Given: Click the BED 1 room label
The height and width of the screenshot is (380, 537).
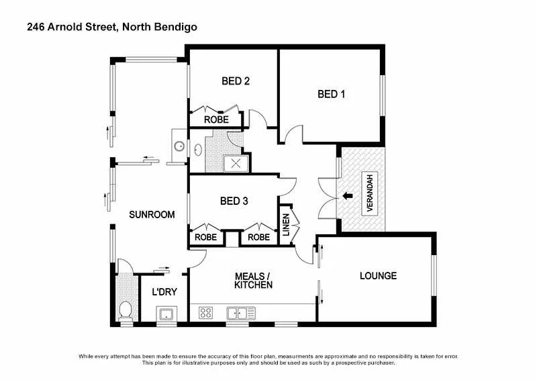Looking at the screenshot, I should [x=331, y=95].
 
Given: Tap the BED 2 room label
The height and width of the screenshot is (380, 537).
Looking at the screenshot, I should [x=236, y=81].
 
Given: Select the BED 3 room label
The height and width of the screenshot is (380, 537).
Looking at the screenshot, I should [x=234, y=201].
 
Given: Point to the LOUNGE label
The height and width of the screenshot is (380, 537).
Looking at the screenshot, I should [x=378, y=276].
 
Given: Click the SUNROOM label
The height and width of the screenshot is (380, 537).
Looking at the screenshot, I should [x=152, y=216].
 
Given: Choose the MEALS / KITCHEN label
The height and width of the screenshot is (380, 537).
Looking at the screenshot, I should [x=253, y=281].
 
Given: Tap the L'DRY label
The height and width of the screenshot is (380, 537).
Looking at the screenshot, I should [x=164, y=292].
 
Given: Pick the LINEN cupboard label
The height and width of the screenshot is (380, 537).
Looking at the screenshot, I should [x=285, y=224].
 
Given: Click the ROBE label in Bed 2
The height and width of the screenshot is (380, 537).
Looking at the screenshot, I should [x=216, y=120].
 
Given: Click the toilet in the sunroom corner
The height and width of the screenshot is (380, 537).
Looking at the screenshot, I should [x=125, y=310].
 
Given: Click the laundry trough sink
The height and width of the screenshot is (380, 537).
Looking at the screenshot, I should [x=166, y=314].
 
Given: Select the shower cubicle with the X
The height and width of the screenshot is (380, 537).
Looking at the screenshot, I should [x=236, y=163].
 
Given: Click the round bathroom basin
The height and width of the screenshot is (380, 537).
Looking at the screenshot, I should [x=179, y=146].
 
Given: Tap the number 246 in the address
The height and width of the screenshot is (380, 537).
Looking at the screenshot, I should [x=36, y=28].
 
